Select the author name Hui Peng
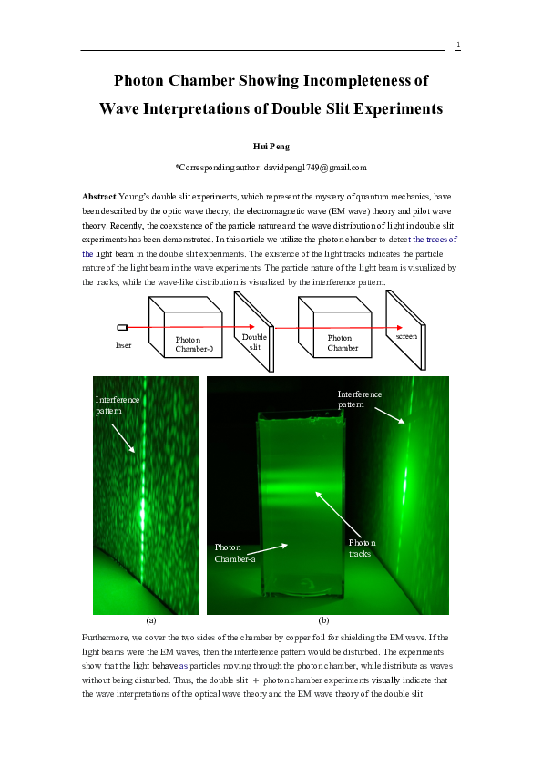pos(271,146)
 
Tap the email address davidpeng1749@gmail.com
pos(314,168)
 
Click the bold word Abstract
pos(99,196)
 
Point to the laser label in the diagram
pos(123,345)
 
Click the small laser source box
pos(122,327)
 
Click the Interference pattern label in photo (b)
pos(360,399)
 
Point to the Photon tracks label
pos(361,547)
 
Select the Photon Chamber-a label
pos(234,552)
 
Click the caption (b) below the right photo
pos(323,619)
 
